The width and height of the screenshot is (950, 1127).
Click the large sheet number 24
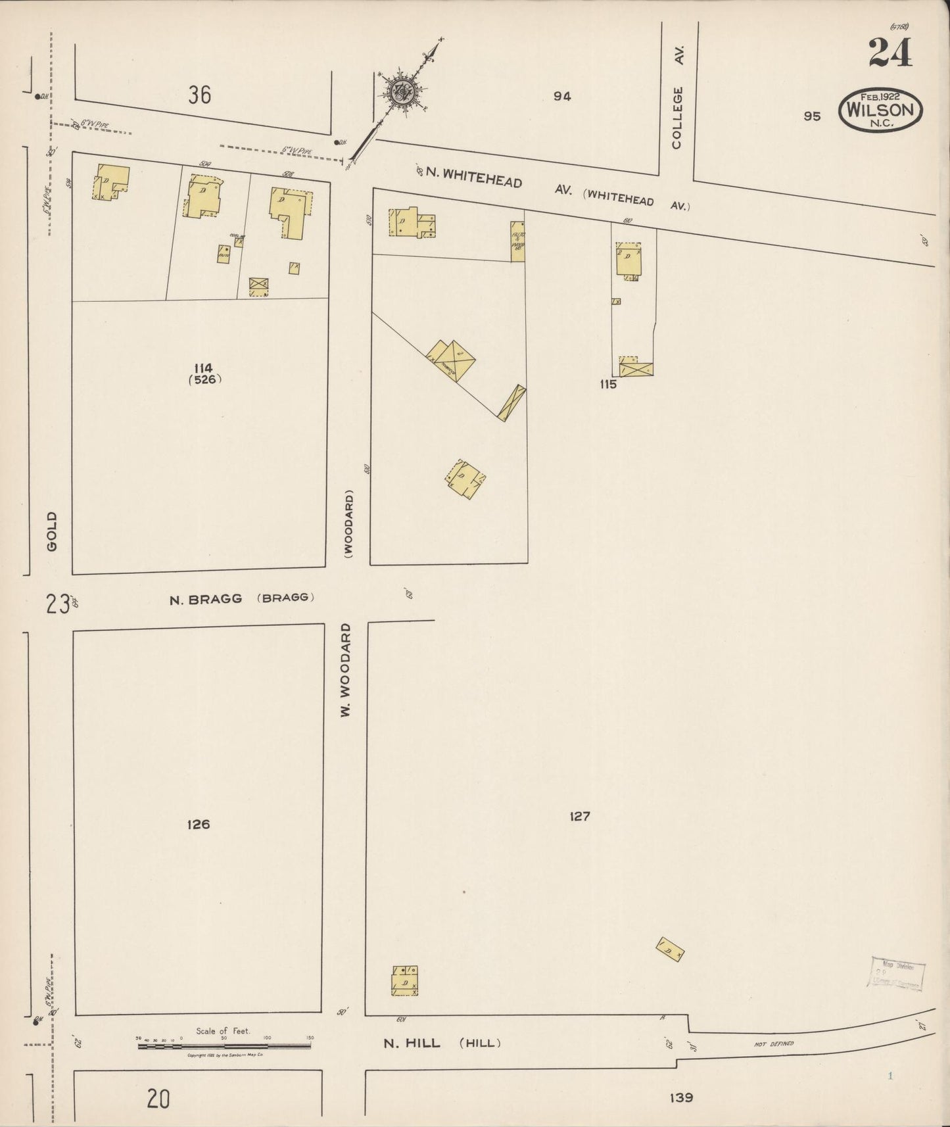click(890, 53)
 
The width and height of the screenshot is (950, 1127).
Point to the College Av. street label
click(678, 97)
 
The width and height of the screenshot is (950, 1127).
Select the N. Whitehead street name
click(474, 178)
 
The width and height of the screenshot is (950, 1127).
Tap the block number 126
click(198, 824)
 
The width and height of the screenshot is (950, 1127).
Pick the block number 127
click(580, 816)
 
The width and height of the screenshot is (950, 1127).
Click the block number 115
click(607, 385)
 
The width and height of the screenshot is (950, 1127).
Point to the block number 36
click(199, 95)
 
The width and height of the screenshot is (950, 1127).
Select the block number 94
click(561, 96)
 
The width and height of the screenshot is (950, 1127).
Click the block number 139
click(681, 1097)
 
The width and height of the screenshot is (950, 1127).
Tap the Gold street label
click(52, 531)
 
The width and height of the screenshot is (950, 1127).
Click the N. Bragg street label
click(206, 598)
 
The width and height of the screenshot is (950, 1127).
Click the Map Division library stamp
click(898, 973)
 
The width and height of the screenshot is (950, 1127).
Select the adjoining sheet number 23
click(58, 603)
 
